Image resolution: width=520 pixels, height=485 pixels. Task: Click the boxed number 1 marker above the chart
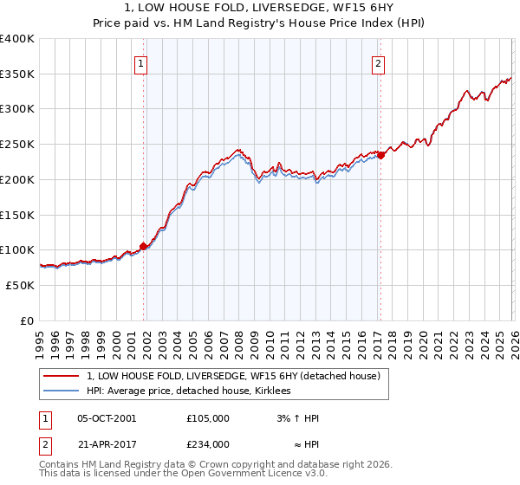click(x=140, y=61)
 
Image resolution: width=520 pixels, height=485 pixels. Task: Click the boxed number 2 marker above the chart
click(x=379, y=61)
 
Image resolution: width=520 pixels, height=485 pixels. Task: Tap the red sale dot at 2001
click(x=143, y=246)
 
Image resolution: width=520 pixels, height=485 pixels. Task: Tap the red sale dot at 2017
click(x=380, y=156)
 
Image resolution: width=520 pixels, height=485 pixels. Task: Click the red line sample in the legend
click(x=62, y=376)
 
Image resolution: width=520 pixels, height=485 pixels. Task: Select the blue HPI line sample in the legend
click(x=62, y=391)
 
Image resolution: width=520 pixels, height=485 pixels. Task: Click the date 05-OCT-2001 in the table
click(x=107, y=418)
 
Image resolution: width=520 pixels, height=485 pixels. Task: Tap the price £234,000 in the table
click(x=208, y=443)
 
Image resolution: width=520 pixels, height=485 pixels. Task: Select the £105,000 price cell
click(x=208, y=418)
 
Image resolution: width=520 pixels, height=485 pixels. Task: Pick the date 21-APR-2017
click(x=107, y=443)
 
